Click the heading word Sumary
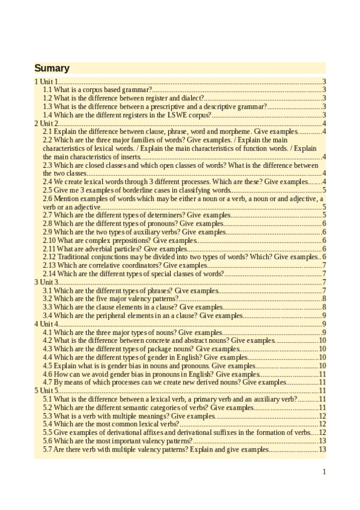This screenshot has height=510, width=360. point(52,68)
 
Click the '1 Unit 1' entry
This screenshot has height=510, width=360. point(46,81)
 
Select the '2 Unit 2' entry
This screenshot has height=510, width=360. point(46,123)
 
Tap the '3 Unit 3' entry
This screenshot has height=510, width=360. point(46,281)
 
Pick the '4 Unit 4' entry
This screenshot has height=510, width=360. point(46,324)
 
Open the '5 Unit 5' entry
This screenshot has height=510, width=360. point(46,390)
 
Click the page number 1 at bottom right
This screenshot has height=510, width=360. point(324,472)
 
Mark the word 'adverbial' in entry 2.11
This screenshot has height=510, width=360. point(91,248)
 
